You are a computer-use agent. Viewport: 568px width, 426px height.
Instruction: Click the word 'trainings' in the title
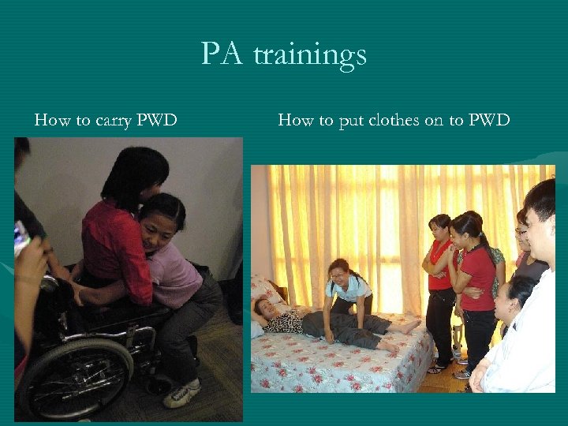310,55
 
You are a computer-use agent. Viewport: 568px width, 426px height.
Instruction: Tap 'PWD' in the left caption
156,121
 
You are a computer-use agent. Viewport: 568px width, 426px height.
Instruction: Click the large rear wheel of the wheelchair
75,377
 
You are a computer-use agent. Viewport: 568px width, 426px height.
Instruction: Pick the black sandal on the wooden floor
435,368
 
